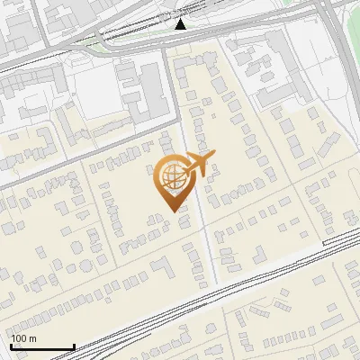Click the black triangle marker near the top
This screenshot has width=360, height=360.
[x=181, y=24]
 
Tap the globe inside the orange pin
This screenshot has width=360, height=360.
[x=170, y=177]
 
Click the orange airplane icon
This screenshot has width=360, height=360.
[x=197, y=164]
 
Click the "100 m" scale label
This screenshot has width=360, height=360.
[x=23, y=338]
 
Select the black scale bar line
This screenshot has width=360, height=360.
[x=42, y=346]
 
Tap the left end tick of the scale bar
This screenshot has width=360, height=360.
[x=12, y=345]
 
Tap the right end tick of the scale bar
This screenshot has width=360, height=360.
[x=74, y=345]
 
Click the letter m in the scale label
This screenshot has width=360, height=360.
[x=32, y=338]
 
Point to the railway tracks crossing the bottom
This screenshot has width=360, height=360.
[x=180, y=306]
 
